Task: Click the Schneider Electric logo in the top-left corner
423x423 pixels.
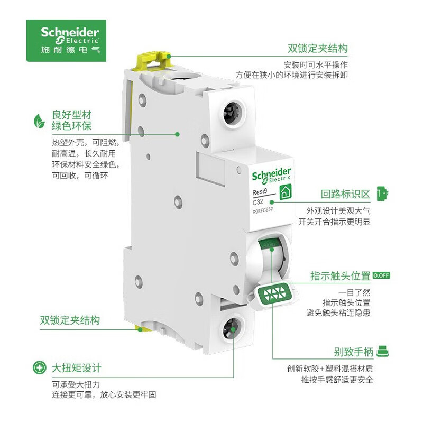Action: click(66, 40)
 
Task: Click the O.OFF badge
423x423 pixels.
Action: click(381, 275)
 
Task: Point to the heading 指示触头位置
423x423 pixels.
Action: click(340, 275)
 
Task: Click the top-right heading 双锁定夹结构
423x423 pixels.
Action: click(317, 49)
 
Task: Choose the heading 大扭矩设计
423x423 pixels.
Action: click(76, 367)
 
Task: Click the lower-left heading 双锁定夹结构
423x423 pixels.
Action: click(70, 320)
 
